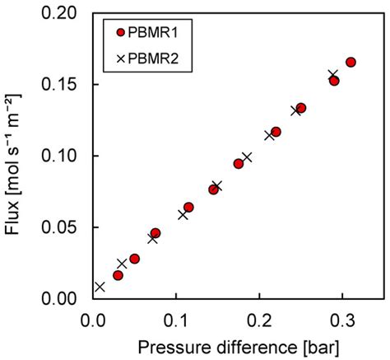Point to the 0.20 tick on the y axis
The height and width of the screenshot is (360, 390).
coord(67,14)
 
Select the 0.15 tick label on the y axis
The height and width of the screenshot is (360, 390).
coord(67,85)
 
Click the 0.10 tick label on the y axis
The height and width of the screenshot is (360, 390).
coord(67,156)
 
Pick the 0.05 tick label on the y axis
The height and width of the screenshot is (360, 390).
coord(67,227)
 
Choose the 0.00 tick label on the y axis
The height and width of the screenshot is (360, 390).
coord(67,298)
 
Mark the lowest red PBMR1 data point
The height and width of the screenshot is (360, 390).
coord(118,275)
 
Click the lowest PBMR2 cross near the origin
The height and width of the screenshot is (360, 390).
coord(100,287)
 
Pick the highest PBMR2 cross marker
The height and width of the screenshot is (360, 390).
coord(333,75)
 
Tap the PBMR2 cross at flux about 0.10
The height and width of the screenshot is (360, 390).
coord(247,157)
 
